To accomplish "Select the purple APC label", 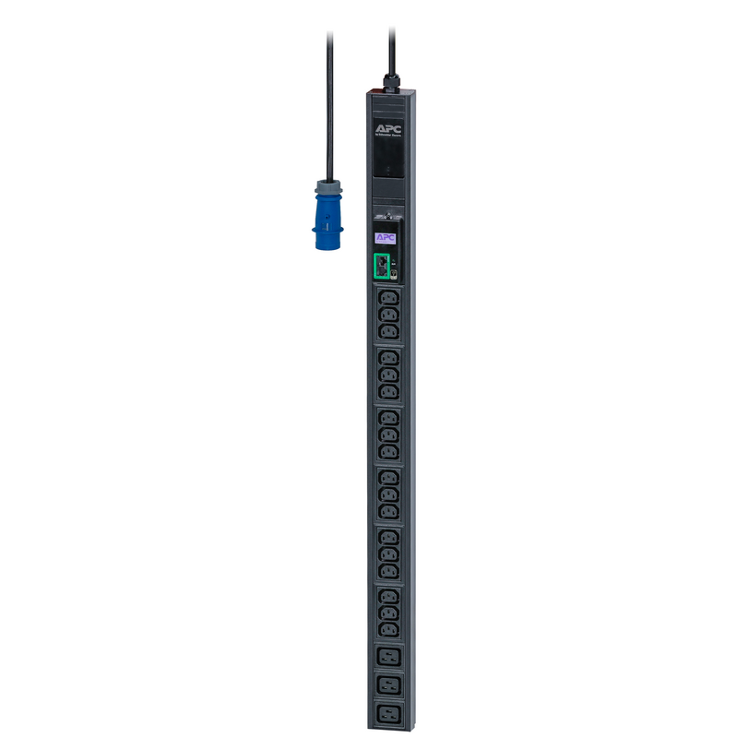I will [386, 238].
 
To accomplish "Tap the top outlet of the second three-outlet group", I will [387, 358].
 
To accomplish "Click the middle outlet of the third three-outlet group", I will [387, 434].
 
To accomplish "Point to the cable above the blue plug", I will [328, 101].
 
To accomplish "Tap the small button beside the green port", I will [395, 274].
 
